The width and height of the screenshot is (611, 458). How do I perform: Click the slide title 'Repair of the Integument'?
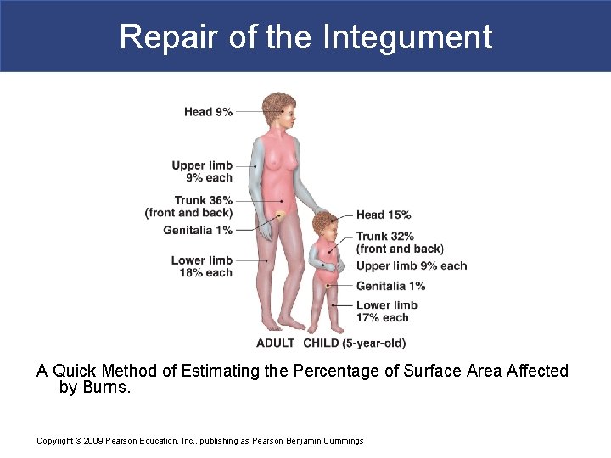tap(305, 37)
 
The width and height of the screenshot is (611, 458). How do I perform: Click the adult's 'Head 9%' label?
tap(208, 112)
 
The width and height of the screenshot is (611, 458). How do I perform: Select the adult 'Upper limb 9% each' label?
tap(202, 171)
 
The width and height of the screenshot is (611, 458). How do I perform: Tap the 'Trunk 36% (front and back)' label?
tap(190, 207)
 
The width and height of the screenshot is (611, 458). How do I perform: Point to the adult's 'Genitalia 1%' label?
tap(198, 231)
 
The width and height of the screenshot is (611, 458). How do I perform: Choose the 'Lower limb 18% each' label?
tap(202, 266)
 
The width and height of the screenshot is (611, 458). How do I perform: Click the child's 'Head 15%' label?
tap(384, 215)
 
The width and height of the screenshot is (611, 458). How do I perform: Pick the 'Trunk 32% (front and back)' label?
tap(399, 243)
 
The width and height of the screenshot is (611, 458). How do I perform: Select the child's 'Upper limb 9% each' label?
tap(412, 265)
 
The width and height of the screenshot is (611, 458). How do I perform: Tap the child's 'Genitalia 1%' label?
tap(390, 287)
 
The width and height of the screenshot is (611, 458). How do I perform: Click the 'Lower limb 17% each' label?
tap(386, 311)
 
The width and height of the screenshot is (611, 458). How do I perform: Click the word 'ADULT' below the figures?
tap(275, 343)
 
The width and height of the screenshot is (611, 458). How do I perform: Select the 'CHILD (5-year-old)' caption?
tap(354, 343)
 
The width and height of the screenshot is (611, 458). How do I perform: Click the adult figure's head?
tap(278, 109)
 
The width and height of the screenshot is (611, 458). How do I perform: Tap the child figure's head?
tap(323, 226)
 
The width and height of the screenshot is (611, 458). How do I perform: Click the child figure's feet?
tap(325, 328)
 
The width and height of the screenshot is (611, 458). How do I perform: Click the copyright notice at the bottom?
tap(199, 440)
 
